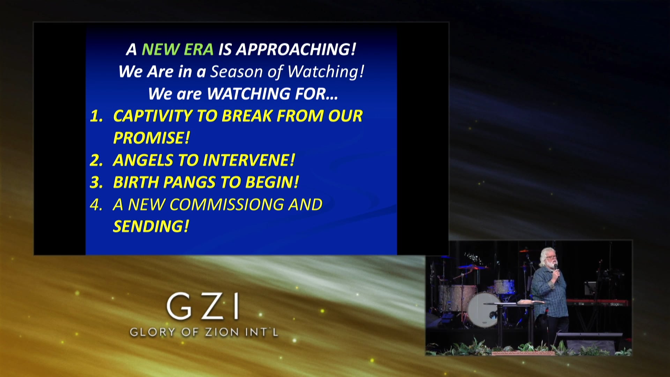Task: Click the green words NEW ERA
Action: tap(178, 49)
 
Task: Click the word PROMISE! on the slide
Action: tap(151, 138)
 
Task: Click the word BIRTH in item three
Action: tap(135, 182)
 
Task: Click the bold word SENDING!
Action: tap(151, 227)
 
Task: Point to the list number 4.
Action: tap(96, 205)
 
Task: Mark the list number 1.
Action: tap(96, 116)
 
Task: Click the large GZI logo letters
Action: tap(203, 306)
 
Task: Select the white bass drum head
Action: tap(483, 310)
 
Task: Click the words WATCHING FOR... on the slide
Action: tap(272, 94)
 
